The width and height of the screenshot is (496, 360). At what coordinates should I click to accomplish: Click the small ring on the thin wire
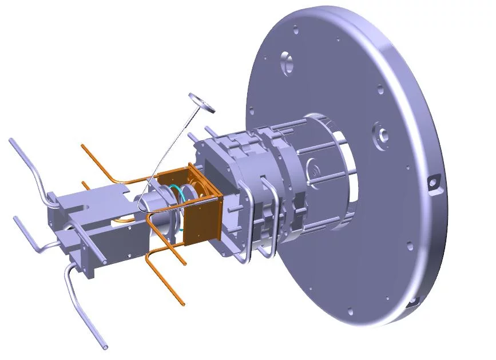pyautogui.click(x=201, y=101)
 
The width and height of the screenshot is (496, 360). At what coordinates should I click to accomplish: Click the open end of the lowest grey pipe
pyautogui.click(x=105, y=346)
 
